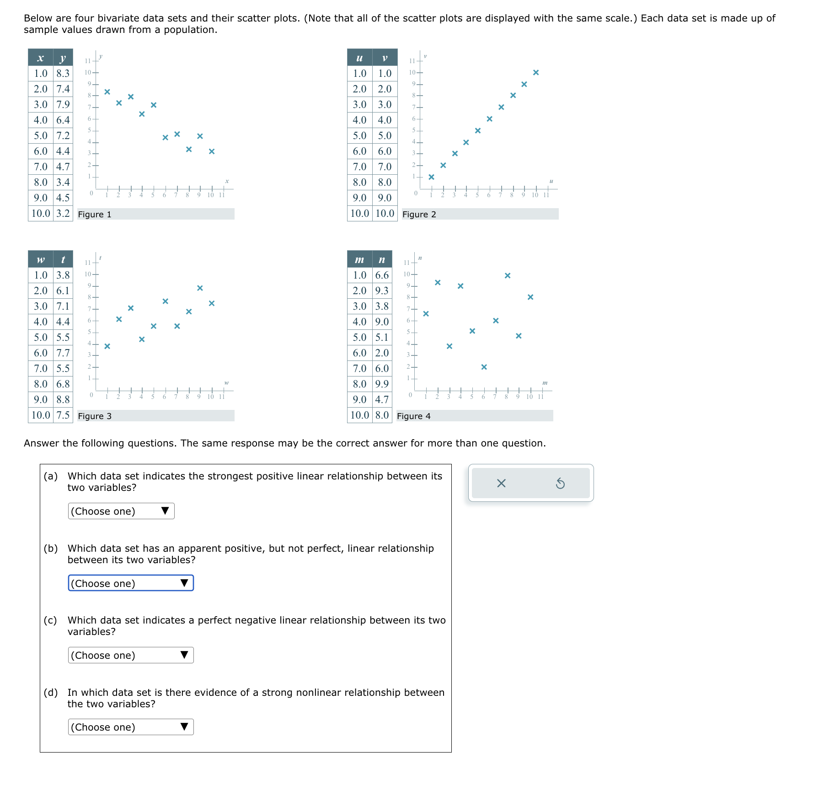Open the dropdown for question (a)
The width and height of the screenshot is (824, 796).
(121, 511)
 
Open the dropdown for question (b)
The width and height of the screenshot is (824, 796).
(131, 583)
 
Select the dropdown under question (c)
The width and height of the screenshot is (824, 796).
(131, 655)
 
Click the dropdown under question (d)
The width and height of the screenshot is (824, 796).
(131, 727)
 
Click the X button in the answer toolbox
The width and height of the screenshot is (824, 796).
(501, 483)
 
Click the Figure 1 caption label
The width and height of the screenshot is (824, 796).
(95, 214)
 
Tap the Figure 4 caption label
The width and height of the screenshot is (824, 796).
(414, 416)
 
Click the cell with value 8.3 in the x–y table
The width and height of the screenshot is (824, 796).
(63, 73)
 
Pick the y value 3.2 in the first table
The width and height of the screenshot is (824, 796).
(63, 213)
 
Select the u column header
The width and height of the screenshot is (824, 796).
(359, 58)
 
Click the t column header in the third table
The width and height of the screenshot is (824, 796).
(63, 259)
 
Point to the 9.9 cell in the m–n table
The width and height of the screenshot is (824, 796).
(382, 384)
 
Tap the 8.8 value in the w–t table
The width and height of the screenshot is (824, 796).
(63, 399)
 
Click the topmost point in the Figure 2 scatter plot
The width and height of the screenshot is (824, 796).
(536, 72)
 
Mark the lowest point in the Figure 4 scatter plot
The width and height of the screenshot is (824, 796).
(484, 367)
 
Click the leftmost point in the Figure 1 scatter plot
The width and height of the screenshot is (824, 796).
(107, 91)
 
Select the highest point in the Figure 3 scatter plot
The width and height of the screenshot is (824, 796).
(200, 288)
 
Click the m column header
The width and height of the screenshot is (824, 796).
(359, 259)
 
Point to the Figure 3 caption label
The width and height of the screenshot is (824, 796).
(95, 416)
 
